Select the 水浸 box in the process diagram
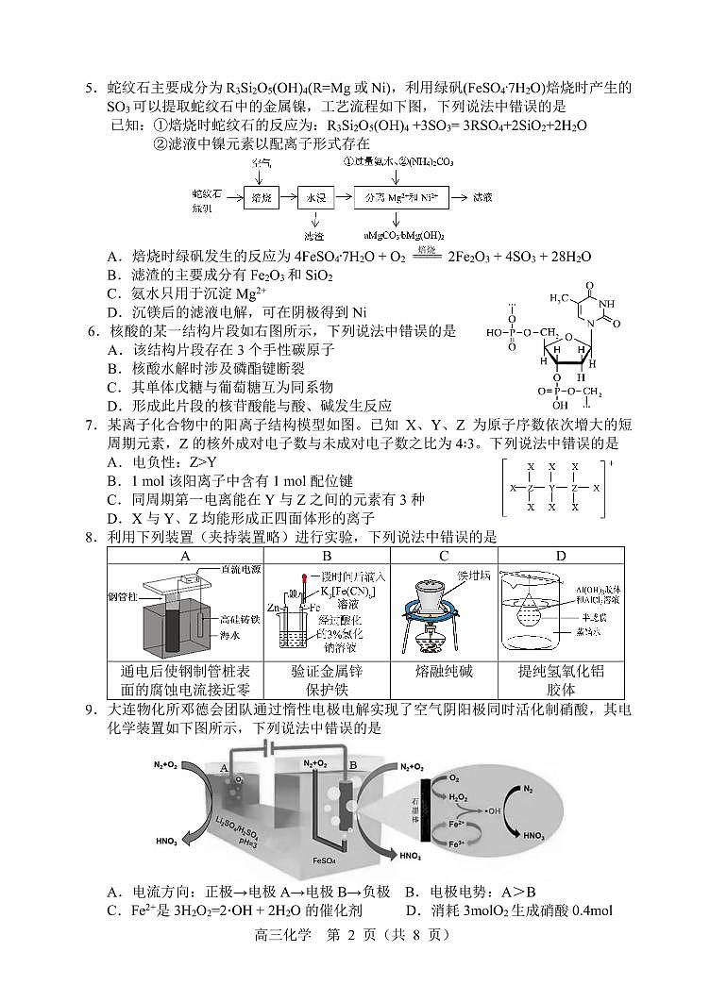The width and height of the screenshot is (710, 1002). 315,198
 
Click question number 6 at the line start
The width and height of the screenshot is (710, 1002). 92,331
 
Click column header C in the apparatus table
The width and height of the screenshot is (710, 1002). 443,556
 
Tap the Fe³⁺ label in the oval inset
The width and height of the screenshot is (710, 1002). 455,843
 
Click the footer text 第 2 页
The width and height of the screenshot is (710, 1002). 355,935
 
